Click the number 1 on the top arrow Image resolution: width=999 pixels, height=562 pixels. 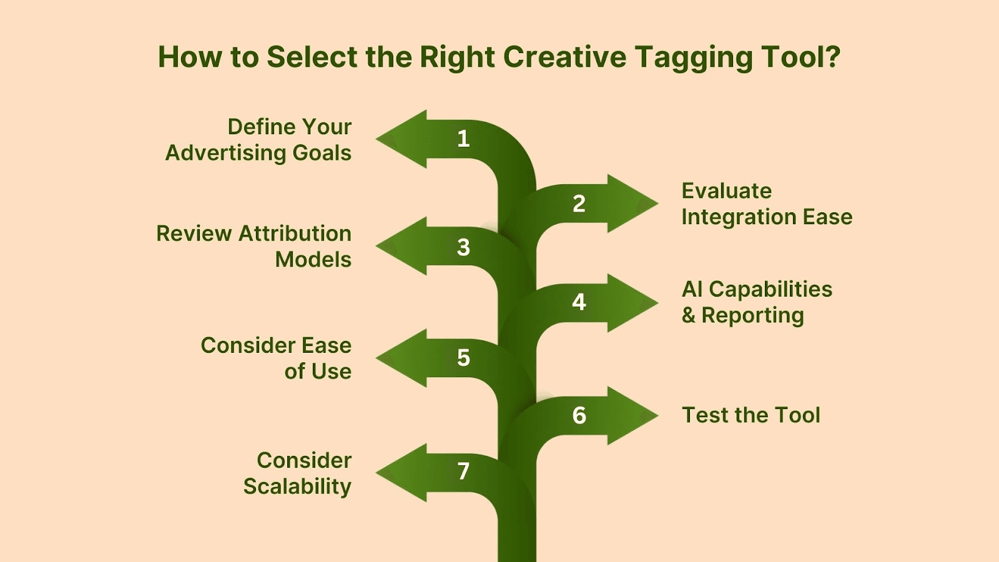pyautogui.click(x=463, y=139)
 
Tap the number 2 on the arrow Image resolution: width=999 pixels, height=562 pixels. pyautogui.click(x=579, y=204)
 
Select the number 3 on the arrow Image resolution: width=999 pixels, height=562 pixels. pyautogui.click(x=463, y=247)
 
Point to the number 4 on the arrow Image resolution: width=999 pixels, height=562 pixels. pyautogui.click(x=579, y=302)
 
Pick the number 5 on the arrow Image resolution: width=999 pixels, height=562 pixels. pyautogui.click(x=463, y=358)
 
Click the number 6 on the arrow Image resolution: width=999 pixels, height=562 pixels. pyautogui.click(x=579, y=415)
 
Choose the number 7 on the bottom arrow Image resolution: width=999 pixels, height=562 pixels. pyautogui.click(x=463, y=471)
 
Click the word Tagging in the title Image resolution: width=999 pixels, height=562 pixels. pyautogui.click(x=694, y=59)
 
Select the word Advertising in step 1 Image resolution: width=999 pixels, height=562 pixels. pyautogui.click(x=225, y=153)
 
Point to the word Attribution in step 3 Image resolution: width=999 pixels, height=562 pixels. pyautogui.click(x=295, y=234)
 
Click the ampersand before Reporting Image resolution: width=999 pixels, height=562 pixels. pyautogui.click(x=688, y=315)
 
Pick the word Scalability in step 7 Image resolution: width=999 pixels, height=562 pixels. pyautogui.click(x=297, y=486)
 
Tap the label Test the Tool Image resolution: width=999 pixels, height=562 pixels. pyautogui.click(x=751, y=415)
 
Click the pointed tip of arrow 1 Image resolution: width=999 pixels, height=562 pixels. pyautogui.click(x=376, y=139)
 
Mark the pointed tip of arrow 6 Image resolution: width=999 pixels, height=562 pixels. pyautogui.click(x=658, y=415)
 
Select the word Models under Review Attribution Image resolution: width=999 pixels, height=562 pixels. pyautogui.click(x=313, y=259)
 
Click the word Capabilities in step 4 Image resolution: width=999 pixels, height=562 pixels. pyautogui.click(x=770, y=290)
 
